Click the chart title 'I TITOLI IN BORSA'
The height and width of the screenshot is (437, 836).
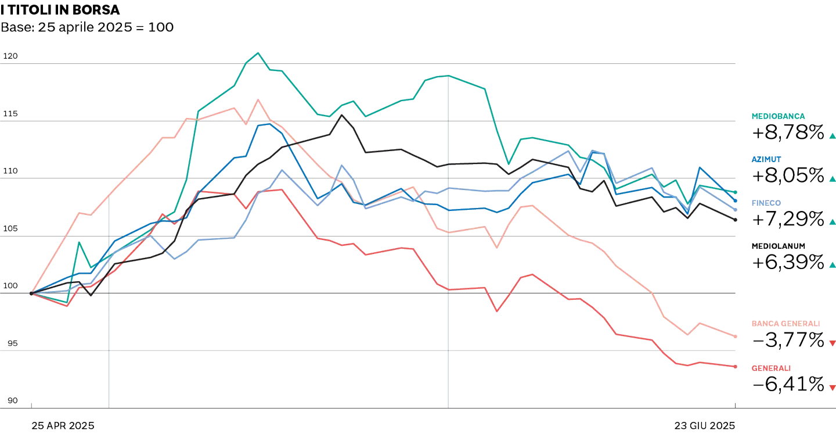(60, 10)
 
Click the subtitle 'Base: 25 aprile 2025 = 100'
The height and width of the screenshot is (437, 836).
(88, 27)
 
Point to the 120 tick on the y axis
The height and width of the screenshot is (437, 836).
(11, 56)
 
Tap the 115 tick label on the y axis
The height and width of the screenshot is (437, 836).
(11, 114)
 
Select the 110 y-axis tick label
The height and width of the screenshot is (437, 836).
(11, 171)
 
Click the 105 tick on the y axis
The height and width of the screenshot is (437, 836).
(11, 229)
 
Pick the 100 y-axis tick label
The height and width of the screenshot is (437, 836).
(11, 286)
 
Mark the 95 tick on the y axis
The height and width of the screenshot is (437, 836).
(11, 343)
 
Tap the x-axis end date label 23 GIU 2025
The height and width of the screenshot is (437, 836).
(705, 425)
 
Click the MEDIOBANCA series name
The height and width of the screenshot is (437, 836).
(778, 116)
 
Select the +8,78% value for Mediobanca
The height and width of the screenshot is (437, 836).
(788, 132)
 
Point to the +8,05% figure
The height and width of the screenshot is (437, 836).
(788, 175)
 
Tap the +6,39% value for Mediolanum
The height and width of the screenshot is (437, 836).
(788, 262)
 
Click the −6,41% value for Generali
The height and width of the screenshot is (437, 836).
(788, 384)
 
